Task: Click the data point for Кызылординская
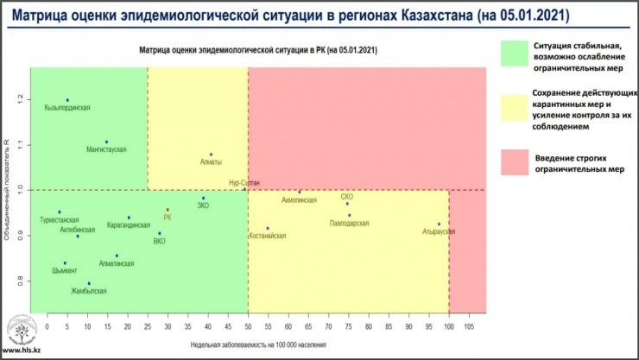pyautogui.click(x=67, y=100)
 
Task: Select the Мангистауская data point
pyautogui.click(x=106, y=142)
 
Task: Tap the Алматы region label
pyautogui.click(x=211, y=161)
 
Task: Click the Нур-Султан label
pyautogui.click(x=244, y=183)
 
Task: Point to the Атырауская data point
pyautogui.click(x=439, y=224)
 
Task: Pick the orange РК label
pyautogui.click(x=168, y=218)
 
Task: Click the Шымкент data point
pyautogui.click(x=65, y=263)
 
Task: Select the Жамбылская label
pyautogui.click(x=89, y=291)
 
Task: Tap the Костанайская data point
pyautogui.click(x=268, y=228)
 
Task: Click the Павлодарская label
pyautogui.click(x=349, y=223)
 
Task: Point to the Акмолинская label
pyautogui.click(x=299, y=199)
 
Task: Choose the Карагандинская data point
pyautogui.click(x=129, y=218)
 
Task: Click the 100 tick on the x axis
pyautogui.click(x=449, y=327)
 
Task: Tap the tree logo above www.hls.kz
pyautogui.click(x=18, y=332)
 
